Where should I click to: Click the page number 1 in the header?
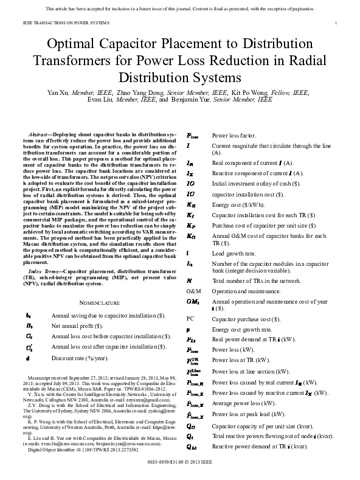tap(336, 23)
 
